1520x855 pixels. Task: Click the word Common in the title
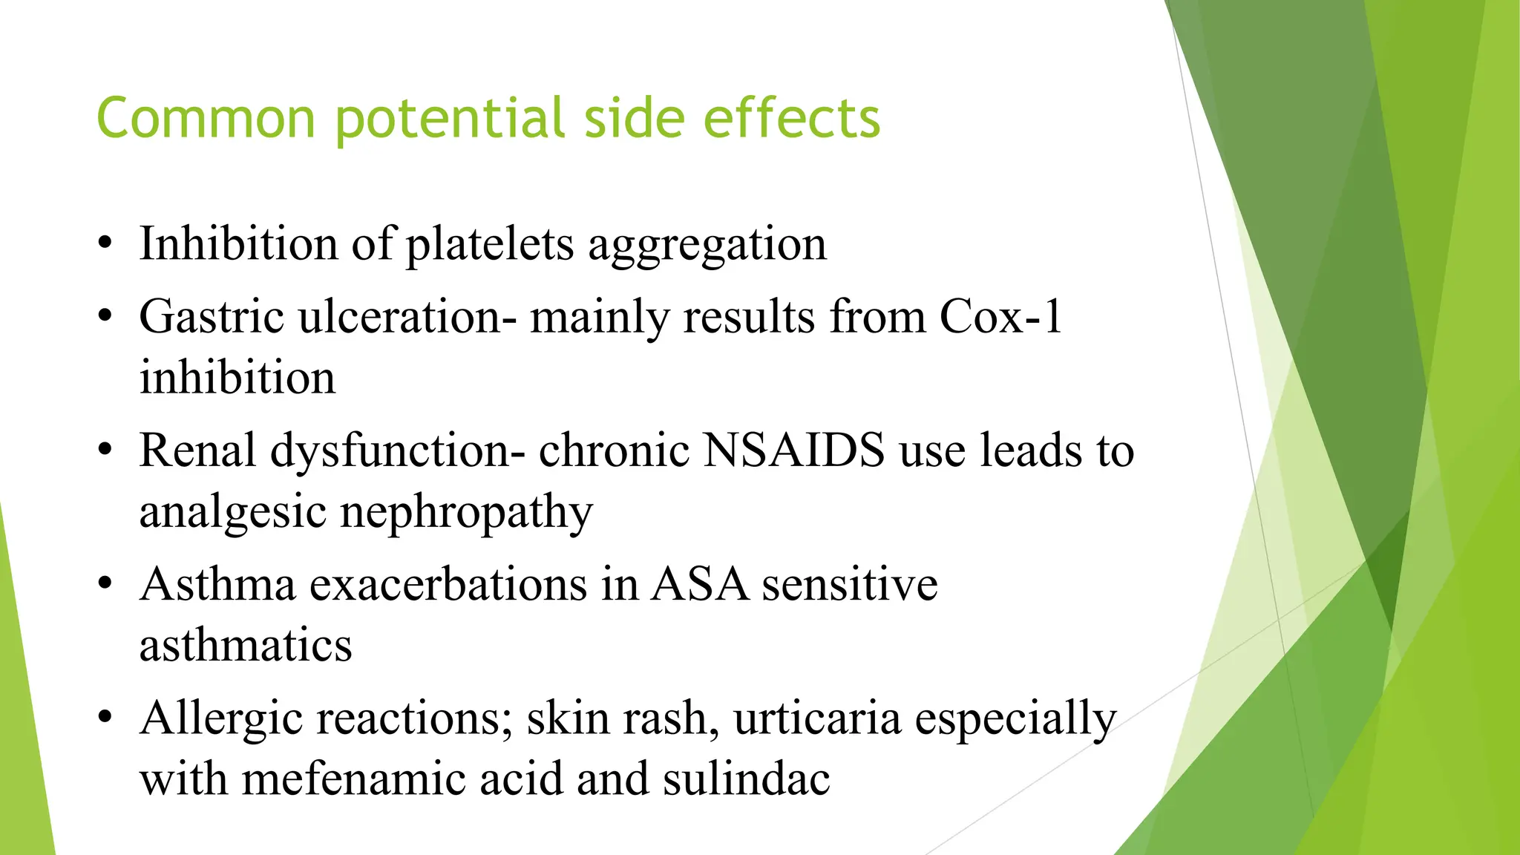[x=206, y=119]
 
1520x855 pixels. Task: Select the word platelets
[x=490, y=245]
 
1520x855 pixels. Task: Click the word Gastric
[x=212, y=317]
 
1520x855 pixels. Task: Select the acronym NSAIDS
[x=793, y=451]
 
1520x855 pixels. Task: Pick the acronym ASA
[x=699, y=584]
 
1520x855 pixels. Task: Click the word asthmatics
[x=246, y=645]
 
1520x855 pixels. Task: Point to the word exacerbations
[x=448, y=584]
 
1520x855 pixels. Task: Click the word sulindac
[x=746, y=779]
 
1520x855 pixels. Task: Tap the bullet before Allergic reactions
[x=105, y=718]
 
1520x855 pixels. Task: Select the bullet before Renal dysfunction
[x=105, y=450]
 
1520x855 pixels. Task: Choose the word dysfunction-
[x=397, y=451]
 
